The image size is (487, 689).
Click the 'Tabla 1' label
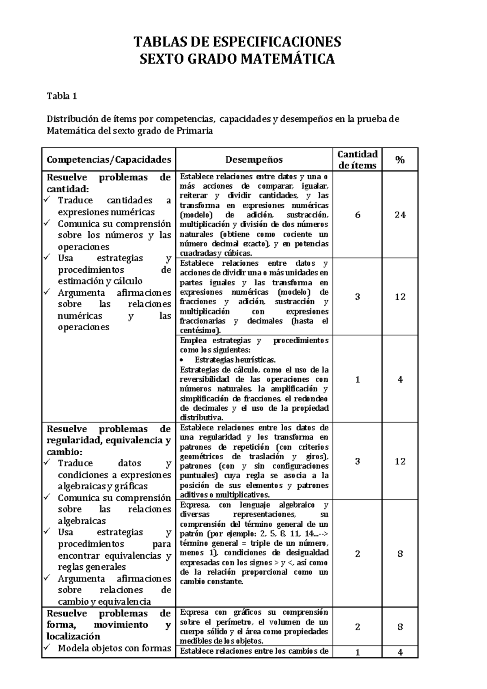[62, 96]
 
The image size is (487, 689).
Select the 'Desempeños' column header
[254, 160]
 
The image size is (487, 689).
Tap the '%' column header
[400, 160]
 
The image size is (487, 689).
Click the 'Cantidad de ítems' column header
[357, 159]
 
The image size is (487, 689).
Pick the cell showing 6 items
[357, 215]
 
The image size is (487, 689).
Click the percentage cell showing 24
[400, 215]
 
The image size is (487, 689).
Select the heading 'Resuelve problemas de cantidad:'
[108, 183]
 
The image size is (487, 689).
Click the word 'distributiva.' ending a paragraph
[201, 418]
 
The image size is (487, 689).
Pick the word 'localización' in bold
[73, 636]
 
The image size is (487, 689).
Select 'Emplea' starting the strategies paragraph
[193, 340]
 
